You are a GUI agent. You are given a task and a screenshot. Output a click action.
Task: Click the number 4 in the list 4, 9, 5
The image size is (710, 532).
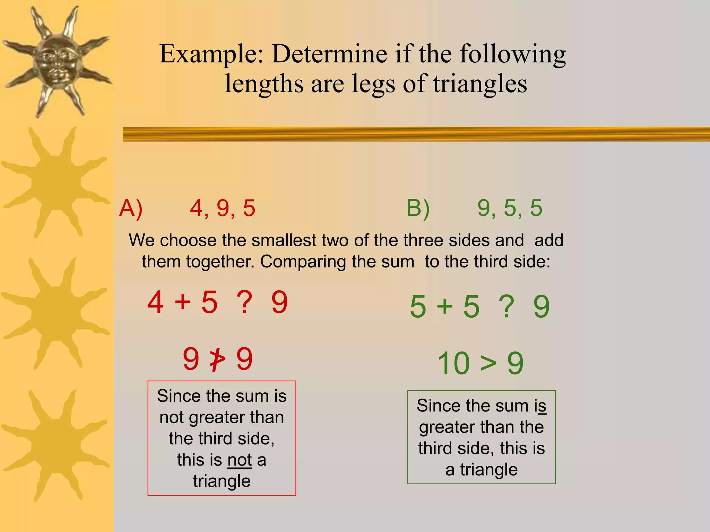click(196, 209)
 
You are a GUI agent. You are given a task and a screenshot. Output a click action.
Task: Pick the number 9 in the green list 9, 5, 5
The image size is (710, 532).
click(484, 208)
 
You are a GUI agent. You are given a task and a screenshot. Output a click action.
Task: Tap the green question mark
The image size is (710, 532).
click(506, 307)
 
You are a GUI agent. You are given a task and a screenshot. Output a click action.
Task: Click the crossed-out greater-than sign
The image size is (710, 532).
click(218, 360)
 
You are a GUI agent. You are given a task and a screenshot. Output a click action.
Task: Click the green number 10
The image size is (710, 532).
click(454, 364)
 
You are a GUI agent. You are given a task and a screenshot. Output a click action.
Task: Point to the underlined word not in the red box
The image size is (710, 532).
click(240, 460)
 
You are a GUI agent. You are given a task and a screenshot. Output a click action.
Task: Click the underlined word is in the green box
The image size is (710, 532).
click(540, 406)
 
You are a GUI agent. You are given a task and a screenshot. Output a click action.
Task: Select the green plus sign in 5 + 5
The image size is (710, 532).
click(445, 307)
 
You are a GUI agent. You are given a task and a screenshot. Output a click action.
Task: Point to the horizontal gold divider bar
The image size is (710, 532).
click(416, 134)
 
